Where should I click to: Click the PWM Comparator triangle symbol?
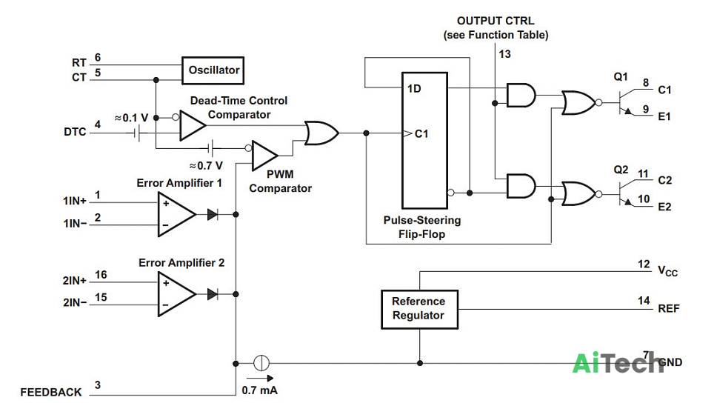(264, 156)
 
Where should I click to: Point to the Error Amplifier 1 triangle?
(177, 214)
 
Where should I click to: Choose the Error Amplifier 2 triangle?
(177, 294)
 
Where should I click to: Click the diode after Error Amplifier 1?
(212, 214)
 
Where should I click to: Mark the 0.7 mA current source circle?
(261, 363)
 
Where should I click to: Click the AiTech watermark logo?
(617, 363)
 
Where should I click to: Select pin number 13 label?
(504, 54)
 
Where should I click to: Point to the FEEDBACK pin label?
(51, 392)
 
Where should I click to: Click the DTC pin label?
(75, 132)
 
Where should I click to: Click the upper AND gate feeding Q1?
(521, 96)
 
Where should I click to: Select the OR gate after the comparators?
(321, 133)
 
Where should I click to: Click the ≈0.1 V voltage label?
(131, 118)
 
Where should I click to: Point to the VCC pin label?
(667, 270)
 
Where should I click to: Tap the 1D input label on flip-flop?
(414, 88)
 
